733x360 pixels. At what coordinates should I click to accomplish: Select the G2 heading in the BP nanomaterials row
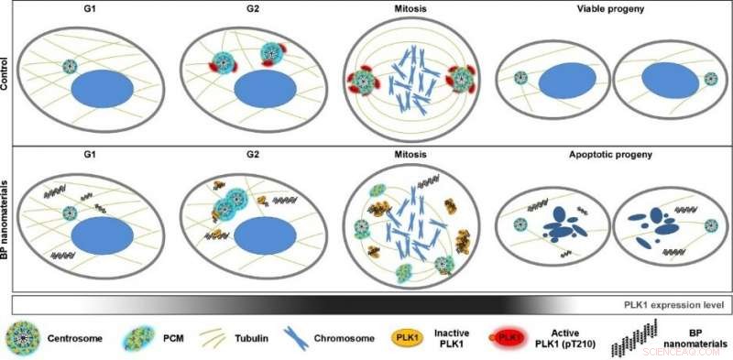tap(234, 157)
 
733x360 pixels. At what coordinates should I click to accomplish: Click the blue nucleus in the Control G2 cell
tap(265, 92)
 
